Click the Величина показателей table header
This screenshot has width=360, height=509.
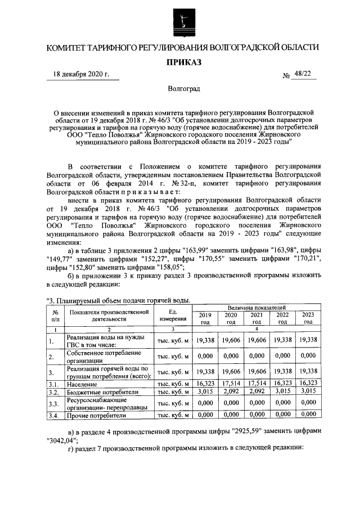256,308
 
